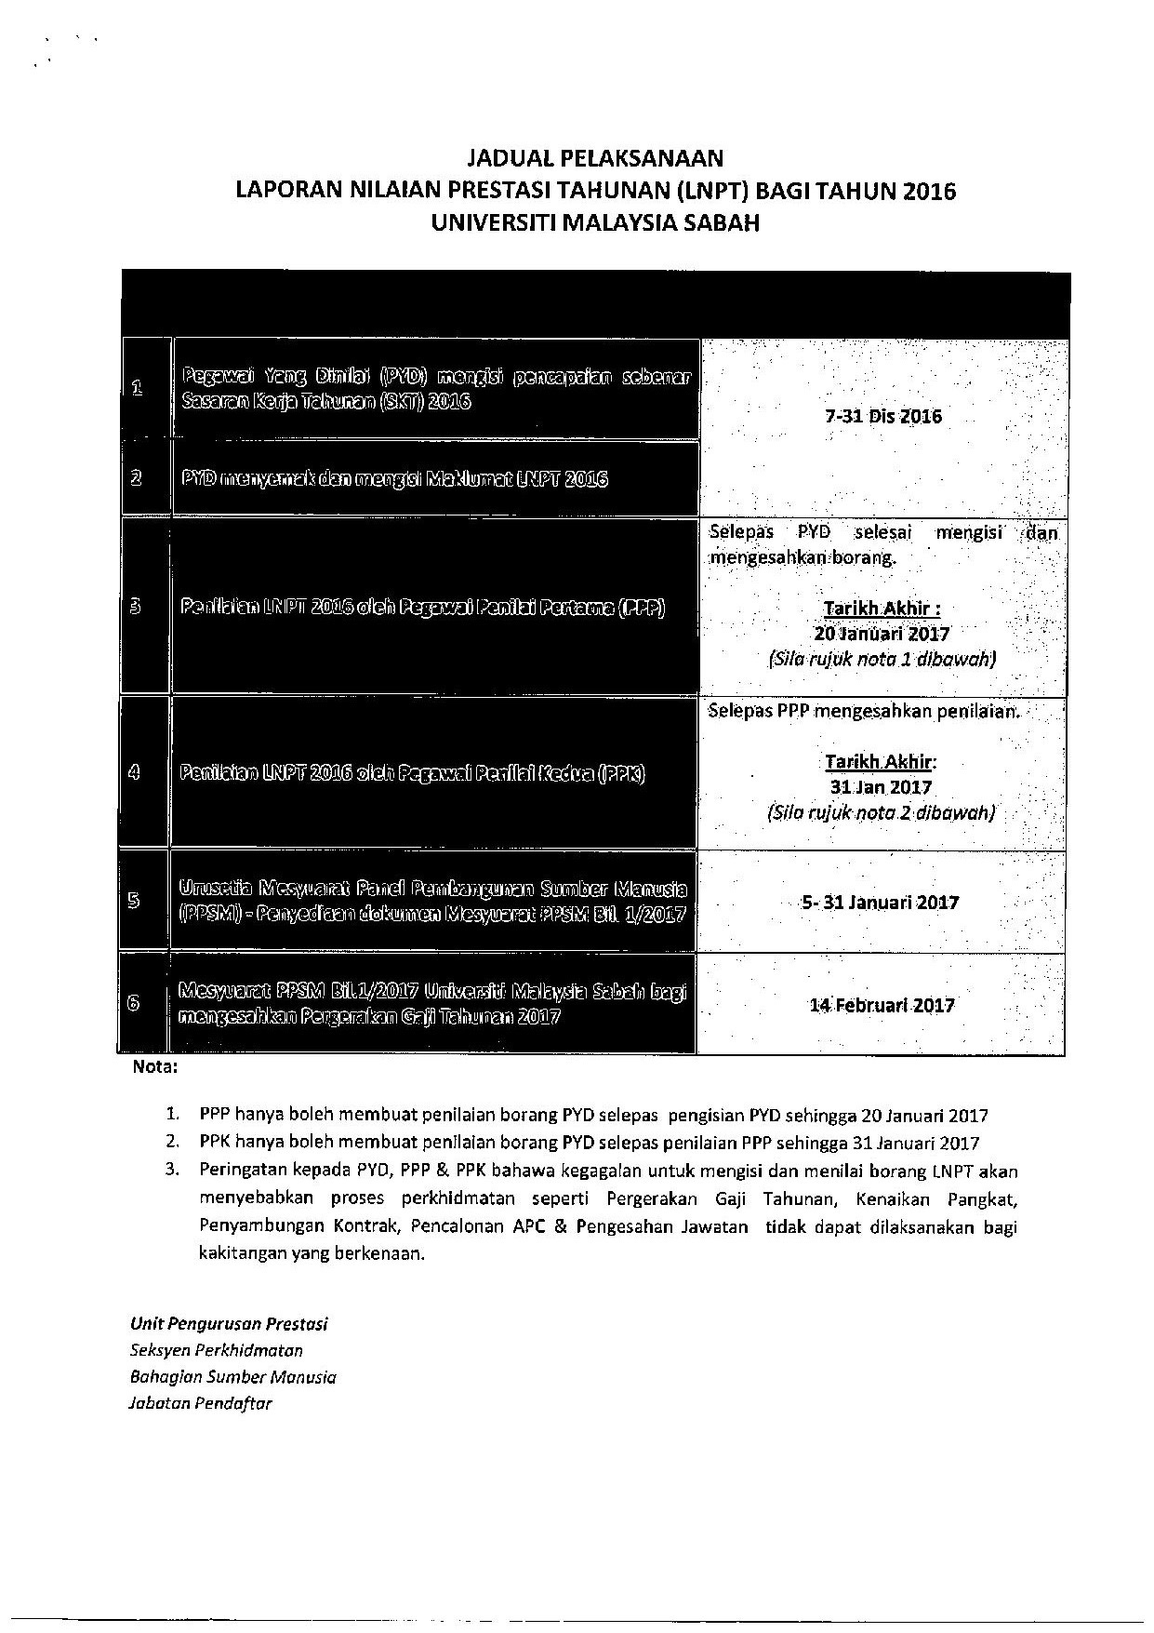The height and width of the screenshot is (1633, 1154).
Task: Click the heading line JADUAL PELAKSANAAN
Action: point(595,157)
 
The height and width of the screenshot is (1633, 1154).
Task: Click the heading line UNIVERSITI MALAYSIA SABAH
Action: point(595,223)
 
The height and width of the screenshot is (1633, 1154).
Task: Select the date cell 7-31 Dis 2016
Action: point(882,417)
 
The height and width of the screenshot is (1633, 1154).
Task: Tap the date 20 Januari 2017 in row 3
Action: point(882,634)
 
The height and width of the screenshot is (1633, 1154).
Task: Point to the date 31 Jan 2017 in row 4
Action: point(882,787)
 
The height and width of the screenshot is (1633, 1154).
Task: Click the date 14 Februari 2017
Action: point(882,1005)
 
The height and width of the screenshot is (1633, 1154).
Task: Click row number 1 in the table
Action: point(137,388)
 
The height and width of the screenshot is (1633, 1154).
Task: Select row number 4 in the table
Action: point(135,772)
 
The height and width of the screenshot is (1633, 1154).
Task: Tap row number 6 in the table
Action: point(134,1003)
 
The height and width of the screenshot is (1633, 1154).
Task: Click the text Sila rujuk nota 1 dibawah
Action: point(882,659)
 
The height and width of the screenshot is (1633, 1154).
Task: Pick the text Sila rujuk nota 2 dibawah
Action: point(882,812)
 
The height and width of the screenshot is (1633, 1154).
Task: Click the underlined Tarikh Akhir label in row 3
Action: point(882,609)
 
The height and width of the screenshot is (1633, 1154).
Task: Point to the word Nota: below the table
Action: point(154,1067)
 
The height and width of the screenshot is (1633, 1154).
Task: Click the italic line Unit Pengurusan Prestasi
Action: point(229,1323)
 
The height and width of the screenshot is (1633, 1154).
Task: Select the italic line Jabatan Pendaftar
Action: point(200,1403)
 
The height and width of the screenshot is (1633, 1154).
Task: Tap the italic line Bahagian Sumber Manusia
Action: point(233,1377)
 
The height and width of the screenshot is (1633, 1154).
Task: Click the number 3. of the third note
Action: point(171,1171)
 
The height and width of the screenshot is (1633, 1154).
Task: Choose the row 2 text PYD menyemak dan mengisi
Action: point(395,480)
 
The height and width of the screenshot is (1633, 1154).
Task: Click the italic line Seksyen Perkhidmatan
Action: point(217,1350)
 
